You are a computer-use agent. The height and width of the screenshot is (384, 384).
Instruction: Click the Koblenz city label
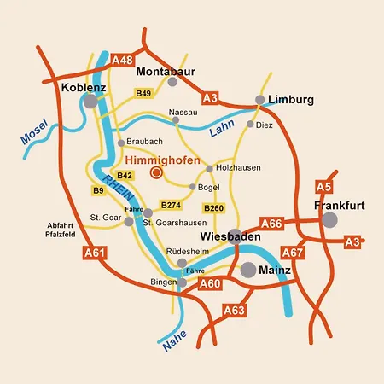click(x=83, y=87)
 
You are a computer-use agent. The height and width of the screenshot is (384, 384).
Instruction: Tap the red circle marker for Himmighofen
click(x=156, y=172)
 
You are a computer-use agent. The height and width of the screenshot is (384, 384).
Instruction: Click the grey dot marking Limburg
click(x=259, y=100)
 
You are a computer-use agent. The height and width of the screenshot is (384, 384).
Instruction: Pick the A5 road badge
click(x=323, y=187)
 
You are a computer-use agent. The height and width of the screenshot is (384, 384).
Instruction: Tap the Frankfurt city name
click(x=339, y=206)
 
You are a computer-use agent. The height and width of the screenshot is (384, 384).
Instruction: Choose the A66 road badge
click(x=271, y=224)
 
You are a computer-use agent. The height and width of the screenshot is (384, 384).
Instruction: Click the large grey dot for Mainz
click(x=247, y=271)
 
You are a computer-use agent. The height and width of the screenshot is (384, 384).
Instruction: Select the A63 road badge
click(x=234, y=309)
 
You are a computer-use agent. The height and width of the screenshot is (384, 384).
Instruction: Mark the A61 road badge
click(x=94, y=253)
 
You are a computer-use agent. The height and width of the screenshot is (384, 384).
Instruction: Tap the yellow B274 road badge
click(x=172, y=205)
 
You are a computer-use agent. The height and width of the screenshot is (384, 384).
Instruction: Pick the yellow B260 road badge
click(x=213, y=207)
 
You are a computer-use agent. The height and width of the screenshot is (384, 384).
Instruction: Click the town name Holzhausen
click(x=237, y=168)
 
